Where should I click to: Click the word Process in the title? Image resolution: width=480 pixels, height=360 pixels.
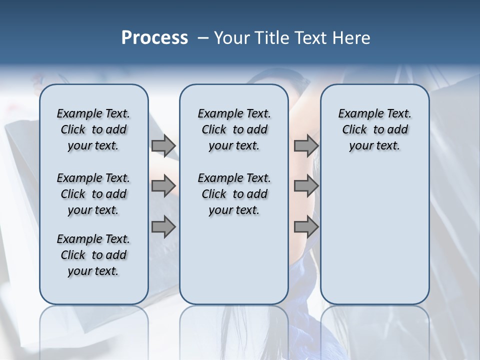[154, 38]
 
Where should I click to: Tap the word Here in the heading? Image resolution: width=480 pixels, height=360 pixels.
[352, 38]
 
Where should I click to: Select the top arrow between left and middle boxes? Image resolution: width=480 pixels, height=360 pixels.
[163, 145]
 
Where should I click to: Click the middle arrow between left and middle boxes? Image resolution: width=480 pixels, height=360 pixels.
[163, 186]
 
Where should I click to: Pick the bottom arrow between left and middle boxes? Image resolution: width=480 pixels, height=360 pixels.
[163, 226]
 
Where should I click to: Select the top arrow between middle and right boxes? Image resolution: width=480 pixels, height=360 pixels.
[306, 145]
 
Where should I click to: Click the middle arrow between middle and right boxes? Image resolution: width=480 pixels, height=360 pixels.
[306, 186]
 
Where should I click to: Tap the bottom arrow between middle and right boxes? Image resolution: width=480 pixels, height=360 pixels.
[306, 226]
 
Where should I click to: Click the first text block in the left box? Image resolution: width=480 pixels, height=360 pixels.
[93, 129]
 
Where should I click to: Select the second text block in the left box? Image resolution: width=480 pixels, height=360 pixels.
[93, 194]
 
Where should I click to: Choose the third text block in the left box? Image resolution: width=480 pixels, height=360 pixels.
[93, 255]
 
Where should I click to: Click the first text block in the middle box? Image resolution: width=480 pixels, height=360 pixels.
[234, 129]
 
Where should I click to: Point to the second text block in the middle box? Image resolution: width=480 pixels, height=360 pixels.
[234, 194]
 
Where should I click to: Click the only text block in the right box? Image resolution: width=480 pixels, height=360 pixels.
[374, 129]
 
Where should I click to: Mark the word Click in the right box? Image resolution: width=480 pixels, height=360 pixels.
[354, 130]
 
